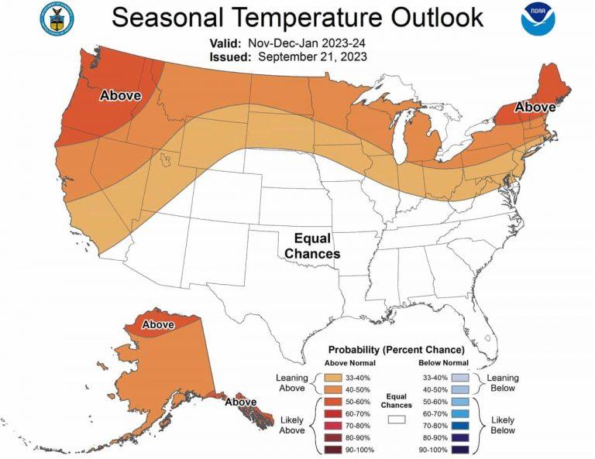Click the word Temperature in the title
click(308, 17)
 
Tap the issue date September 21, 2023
click(313, 57)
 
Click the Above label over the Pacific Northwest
click(120, 96)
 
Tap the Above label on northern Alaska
click(158, 324)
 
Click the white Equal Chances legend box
click(397, 419)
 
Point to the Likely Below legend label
click(503, 424)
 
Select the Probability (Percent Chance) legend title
click(397, 350)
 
